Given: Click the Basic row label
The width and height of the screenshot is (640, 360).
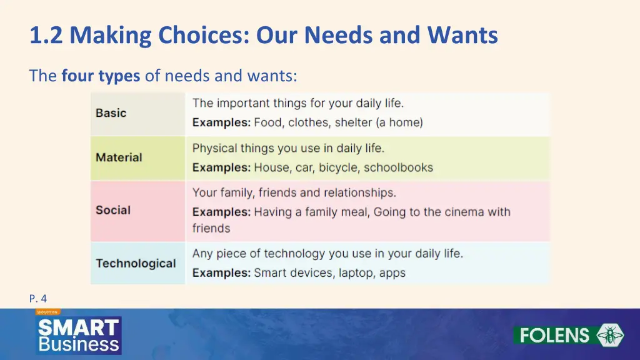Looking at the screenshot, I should [x=111, y=113].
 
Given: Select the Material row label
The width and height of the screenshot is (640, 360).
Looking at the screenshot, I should [x=119, y=157].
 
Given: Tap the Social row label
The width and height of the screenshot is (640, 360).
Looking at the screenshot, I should [x=113, y=210].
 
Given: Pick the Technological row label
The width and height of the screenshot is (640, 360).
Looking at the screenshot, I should [x=136, y=263].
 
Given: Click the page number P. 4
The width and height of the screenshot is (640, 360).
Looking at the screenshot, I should [x=38, y=299].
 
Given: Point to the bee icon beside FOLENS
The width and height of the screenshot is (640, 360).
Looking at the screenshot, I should [x=610, y=335].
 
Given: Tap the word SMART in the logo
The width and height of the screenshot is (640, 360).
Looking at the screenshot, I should [x=78, y=327].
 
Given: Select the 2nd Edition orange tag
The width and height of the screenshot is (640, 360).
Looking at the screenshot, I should [x=47, y=311].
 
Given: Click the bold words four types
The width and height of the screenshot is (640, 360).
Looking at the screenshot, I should [x=101, y=76].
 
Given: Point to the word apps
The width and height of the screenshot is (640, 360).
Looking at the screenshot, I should [x=391, y=273].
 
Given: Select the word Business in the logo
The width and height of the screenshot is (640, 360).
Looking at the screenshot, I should [x=78, y=344].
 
